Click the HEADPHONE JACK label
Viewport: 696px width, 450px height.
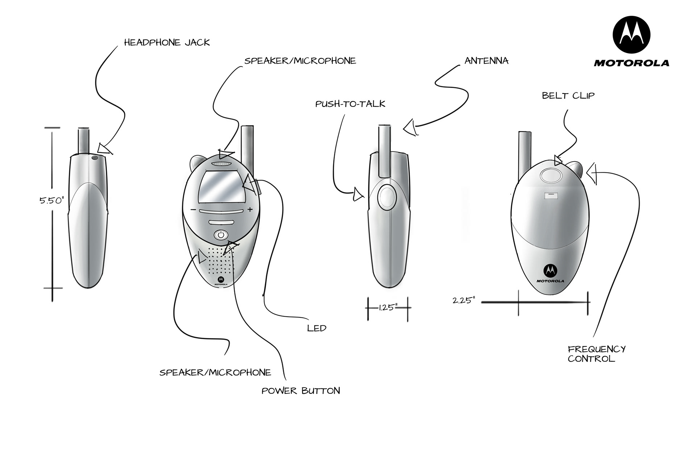pyautogui.click(x=167, y=43)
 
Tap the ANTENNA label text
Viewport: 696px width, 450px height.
pyautogui.click(x=486, y=61)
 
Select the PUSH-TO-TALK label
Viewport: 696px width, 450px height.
pyautogui.click(x=350, y=104)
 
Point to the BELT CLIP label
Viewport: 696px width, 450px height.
pyautogui.click(x=568, y=96)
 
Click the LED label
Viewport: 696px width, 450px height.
pyautogui.click(x=316, y=328)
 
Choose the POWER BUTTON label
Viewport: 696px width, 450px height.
pyautogui.click(x=301, y=391)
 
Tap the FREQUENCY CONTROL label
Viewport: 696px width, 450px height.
pyautogui.click(x=596, y=354)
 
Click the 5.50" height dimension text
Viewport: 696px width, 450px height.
pyautogui.click(x=51, y=200)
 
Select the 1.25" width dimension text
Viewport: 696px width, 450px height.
pyautogui.click(x=388, y=308)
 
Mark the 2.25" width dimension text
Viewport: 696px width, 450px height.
pyautogui.click(x=464, y=300)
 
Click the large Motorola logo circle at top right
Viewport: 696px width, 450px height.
pyautogui.click(x=631, y=35)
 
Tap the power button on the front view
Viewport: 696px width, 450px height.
pyautogui.click(x=221, y=235)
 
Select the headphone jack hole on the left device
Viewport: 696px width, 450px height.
pyautogui.click(x=95, y=158)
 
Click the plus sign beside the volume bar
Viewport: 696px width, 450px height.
pyautogui.click(x=250, y=209)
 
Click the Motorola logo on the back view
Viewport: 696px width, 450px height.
pyautogui.click(x=550, y=270)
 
